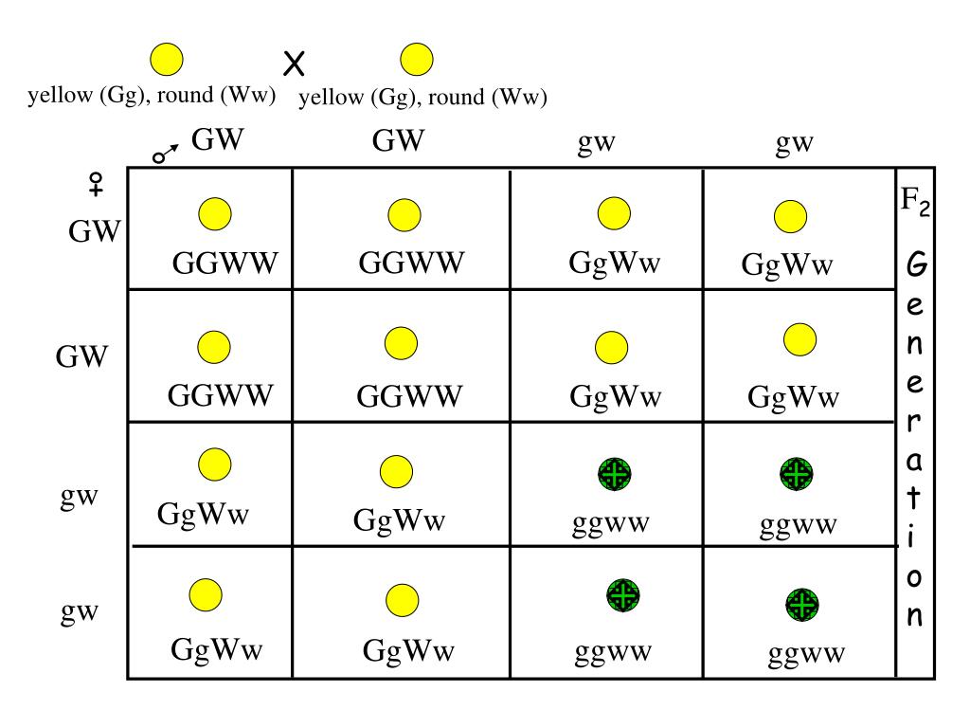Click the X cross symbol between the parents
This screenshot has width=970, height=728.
295,64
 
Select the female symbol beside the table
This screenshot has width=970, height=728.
96,186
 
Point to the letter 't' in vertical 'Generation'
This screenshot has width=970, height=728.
915,498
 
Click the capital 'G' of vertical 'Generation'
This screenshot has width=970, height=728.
916,266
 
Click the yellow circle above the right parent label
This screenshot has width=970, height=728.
417,61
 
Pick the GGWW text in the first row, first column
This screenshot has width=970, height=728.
225,264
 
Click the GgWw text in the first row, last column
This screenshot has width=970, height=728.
787,264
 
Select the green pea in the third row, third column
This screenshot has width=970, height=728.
614,473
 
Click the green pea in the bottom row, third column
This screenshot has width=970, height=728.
622,595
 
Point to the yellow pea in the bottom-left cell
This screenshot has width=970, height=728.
205,594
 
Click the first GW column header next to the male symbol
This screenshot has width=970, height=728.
218,141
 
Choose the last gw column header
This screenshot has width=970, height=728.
796,143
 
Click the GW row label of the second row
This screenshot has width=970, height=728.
82,357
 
